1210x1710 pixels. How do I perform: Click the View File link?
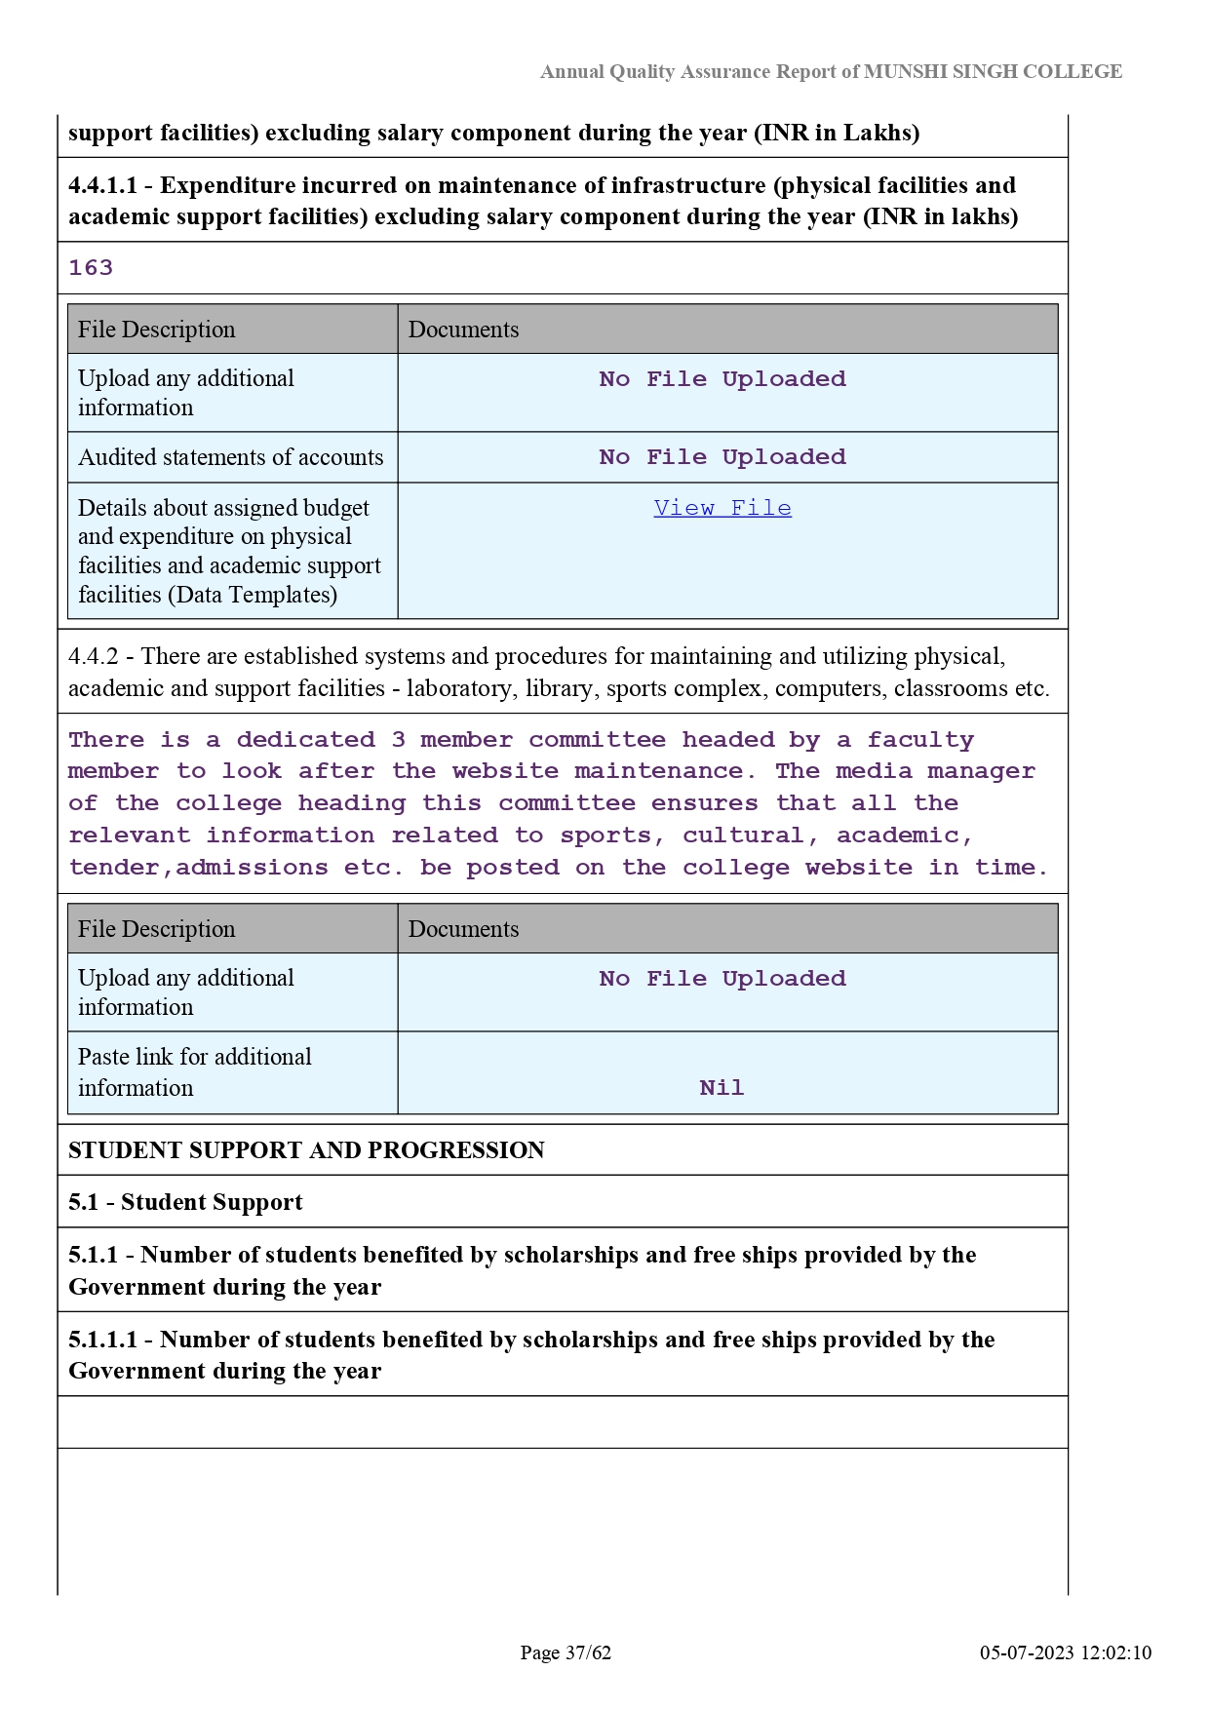tap(722, 508)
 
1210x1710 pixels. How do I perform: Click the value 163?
tap(91, 268)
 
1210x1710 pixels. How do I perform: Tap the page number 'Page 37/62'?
tap(566, 1652)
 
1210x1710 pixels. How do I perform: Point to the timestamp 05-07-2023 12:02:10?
tap(1066, 1652)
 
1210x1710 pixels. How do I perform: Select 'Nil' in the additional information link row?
tap(722, 1088)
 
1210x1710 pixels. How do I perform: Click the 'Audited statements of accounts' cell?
tap(231, 457)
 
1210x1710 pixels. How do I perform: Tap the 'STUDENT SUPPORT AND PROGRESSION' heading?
tap(306, 1150)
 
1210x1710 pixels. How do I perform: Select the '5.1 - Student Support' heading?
tap(185, 1202)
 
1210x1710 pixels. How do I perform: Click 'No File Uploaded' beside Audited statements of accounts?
tap(722, 457)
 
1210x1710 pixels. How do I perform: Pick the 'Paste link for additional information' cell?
tap(195, 1072)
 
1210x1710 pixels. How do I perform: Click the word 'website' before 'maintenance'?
tap(505, 771)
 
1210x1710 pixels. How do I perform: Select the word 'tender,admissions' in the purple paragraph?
tap(198, 868)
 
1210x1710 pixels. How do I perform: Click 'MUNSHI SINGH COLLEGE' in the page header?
tap(993, 71)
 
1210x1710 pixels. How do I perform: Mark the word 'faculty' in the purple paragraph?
tap(920, 740)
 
